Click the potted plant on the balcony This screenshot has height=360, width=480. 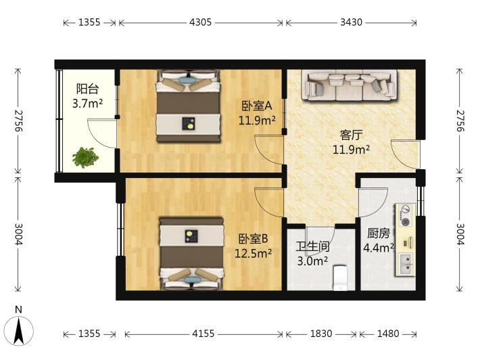pos(85,158)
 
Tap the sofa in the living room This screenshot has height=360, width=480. pos(350,85)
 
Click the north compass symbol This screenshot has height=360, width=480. pos(19,330)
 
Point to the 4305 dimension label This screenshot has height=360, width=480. pos(200,22)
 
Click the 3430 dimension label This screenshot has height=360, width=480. pos(351,22)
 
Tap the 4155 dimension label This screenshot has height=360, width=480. pos(203,334)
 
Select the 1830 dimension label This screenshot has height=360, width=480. pos(321,334)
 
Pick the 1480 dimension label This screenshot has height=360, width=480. pos(388,334)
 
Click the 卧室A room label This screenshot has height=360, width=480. pos(257,106)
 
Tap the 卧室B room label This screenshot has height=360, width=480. pos(253,239)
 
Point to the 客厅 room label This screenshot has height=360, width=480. pos(351,135)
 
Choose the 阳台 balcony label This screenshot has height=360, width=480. pos(88,89)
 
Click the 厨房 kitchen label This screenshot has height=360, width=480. pos(379,233)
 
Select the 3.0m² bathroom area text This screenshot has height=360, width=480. pos(312,261)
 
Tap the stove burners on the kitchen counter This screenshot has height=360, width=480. pos(406,215)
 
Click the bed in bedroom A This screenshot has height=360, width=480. pos(188,106)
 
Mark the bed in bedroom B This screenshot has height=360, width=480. pos(191,254)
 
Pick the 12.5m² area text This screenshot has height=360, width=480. pos(253,253)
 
